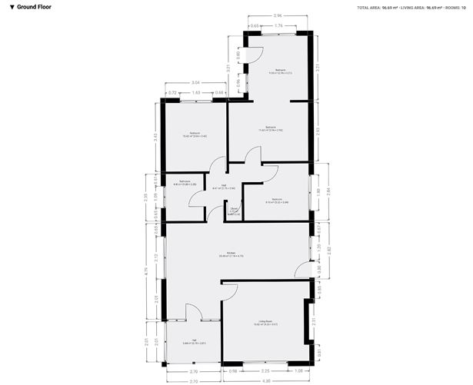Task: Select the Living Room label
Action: click(x=268, y=324)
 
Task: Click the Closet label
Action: click(x=234, y=211)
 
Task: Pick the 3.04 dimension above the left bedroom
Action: click(x=196, y=82)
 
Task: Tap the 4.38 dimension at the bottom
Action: click(x=266, y=382)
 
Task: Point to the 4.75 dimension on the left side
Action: click(x=146, y=271)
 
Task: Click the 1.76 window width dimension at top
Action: click(x=280, y=26)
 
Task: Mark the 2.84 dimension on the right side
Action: click(x=328, y=192)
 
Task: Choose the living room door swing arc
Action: click(x=229, y=290)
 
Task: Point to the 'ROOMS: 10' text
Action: click(x=455, y=7)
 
